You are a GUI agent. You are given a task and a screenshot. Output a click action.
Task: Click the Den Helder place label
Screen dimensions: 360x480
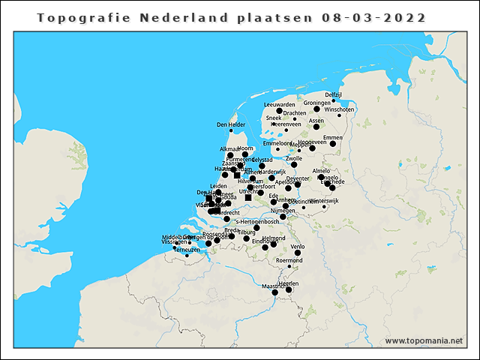tap(231, 124)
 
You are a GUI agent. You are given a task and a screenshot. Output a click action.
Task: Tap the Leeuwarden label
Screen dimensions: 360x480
tap(280, 104)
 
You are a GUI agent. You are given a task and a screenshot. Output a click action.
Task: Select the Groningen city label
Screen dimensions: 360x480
tap(317, 103)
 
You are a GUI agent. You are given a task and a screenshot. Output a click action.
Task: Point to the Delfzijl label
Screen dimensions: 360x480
tap(334, 94)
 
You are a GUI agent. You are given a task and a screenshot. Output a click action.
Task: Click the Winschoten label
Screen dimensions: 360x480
tap(340, 109)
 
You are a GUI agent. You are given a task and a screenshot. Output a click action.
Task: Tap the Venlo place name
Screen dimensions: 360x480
tap(298, 246)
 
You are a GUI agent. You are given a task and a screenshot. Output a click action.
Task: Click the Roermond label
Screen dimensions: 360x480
tap(289, 260)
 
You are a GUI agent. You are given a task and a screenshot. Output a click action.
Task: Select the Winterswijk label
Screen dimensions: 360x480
tap(324, 201)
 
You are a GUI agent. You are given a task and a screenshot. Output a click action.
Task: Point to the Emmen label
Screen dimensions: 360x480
tap(332, 138)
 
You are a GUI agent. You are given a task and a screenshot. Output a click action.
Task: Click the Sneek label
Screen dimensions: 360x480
tap(273, 118)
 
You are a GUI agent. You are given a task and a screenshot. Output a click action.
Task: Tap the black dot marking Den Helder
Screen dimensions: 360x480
tap(231, 131)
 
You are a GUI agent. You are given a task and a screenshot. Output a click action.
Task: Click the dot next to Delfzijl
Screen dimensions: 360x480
tap(334, 100)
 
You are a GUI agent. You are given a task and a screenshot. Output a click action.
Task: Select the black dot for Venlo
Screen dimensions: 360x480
tap(298, 253)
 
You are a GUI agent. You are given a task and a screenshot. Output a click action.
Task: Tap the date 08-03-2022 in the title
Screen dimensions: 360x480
tap(373, 17)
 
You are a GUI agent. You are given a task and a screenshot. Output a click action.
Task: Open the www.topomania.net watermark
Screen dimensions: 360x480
tap(424, 340)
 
